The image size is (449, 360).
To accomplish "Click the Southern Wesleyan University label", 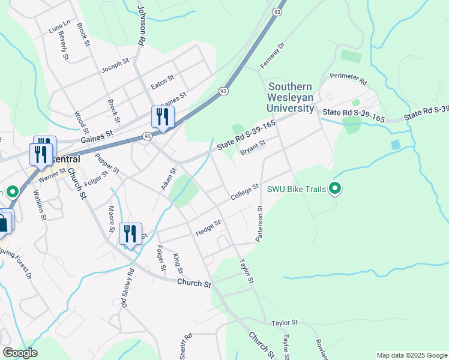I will [x=291, y=98].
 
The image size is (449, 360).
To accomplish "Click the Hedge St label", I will [x=208, y=227].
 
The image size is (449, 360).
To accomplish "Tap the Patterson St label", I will [x=260, y=224].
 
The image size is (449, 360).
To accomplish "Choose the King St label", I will [x=177, y=264].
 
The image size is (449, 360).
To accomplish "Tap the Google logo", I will [x=20, y=353].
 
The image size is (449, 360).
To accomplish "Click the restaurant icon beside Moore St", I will [x=130, y=234].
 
